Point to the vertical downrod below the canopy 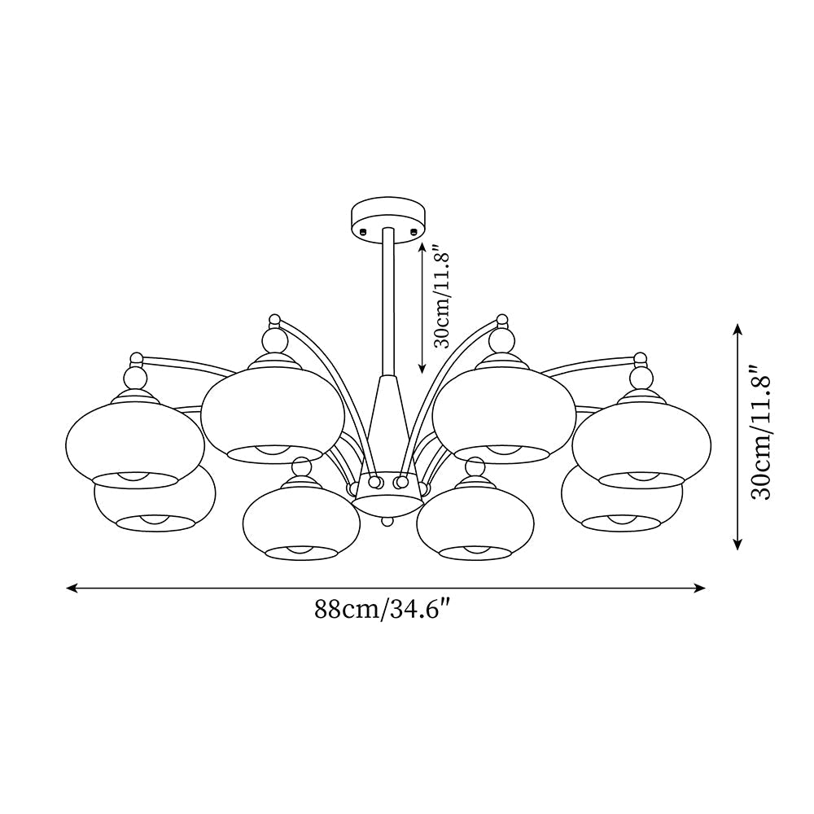click(x=388, y=301)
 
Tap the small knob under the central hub click(x=388, y=519)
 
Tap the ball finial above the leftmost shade click(x=134, y=377)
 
